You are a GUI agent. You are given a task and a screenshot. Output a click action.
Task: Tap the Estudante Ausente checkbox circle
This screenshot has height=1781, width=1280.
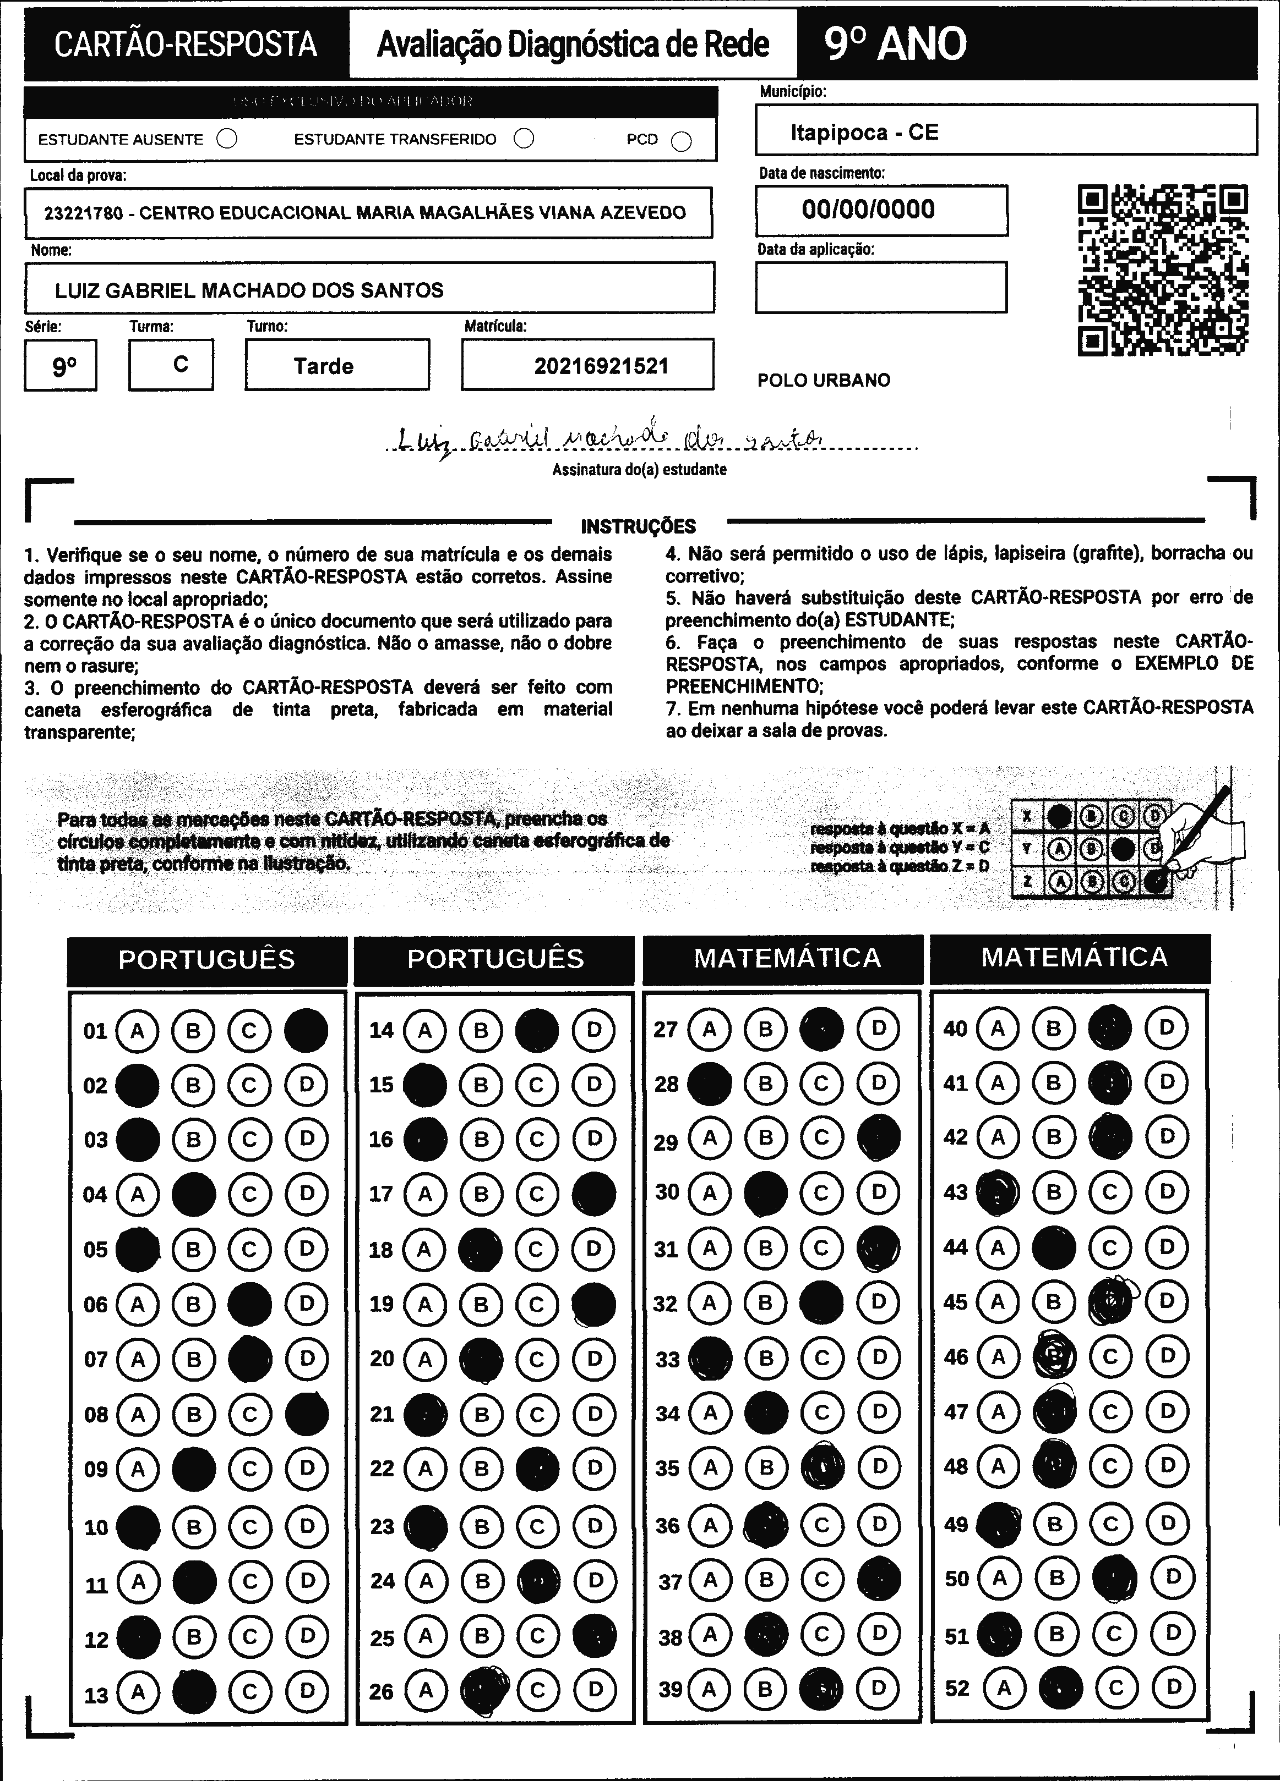[227, 139]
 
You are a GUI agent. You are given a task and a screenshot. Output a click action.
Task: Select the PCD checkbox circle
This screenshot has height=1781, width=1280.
[681, 141]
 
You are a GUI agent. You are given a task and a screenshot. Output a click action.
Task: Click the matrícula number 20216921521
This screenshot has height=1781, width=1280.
[601, 366]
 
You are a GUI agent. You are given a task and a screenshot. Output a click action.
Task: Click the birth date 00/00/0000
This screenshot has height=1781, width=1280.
[868, 210]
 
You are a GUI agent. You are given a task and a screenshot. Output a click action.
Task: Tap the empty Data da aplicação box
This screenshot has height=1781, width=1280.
[881, 287]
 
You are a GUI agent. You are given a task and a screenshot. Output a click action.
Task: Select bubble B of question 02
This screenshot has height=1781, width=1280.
[193, 1085]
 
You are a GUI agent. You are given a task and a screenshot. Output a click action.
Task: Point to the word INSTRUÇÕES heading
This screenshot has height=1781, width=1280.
[638, 526]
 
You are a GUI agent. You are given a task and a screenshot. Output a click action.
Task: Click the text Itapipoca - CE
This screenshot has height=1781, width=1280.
[864, 132]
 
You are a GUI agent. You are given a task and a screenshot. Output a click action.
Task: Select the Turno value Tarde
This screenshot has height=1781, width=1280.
[323, 366]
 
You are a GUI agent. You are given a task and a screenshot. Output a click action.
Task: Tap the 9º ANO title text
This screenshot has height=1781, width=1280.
[896, 44]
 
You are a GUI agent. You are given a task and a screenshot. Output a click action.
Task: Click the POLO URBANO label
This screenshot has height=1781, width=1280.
[824, 381]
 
